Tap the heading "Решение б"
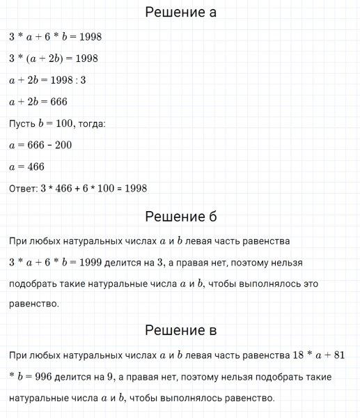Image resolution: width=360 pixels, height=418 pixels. pos(180,217)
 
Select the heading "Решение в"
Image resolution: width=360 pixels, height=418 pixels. pos(180,330)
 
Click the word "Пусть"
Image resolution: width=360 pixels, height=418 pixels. pos(22,123)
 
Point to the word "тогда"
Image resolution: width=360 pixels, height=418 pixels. pos(90,123)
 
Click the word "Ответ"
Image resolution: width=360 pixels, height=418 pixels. pos(24,188)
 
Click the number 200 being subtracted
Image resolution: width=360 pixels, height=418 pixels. pos(61,145)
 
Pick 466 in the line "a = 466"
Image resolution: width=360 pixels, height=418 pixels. pos(34,167)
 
